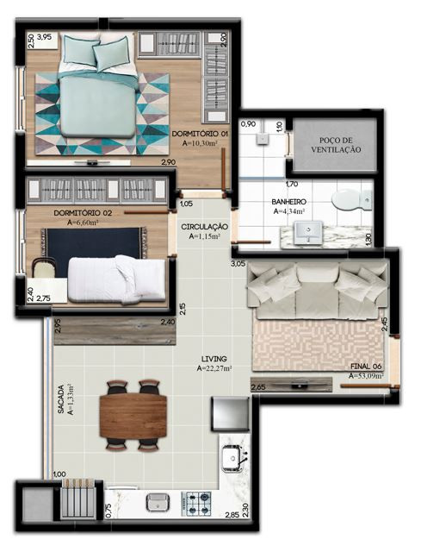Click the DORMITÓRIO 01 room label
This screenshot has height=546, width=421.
coord(200,134)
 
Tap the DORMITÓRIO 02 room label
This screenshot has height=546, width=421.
coord(83,213)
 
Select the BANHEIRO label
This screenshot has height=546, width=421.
coord(289,202)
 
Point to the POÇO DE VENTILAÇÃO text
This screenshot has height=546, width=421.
coord(336,145)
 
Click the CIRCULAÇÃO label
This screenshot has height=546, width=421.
coord(204,227)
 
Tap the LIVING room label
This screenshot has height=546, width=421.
coord(214,359)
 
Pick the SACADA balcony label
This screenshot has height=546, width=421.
coord(61,399)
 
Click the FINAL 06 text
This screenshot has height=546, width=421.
coord(366,367)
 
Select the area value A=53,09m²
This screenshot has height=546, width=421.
coord(366,376)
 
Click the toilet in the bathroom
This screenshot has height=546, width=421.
coord(352,200)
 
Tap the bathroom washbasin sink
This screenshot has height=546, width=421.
coord(308,233)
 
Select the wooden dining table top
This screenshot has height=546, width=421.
coord(133,416)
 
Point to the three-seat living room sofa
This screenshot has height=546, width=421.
coord(317,290)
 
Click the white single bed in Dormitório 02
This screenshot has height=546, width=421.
coord(116,279)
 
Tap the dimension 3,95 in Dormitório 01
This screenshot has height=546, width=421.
coord(44,36)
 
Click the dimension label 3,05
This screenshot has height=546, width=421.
coord(238,264)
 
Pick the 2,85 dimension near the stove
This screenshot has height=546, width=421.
coord(232,515)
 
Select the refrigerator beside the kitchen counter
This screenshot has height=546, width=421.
coord(230,413)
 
